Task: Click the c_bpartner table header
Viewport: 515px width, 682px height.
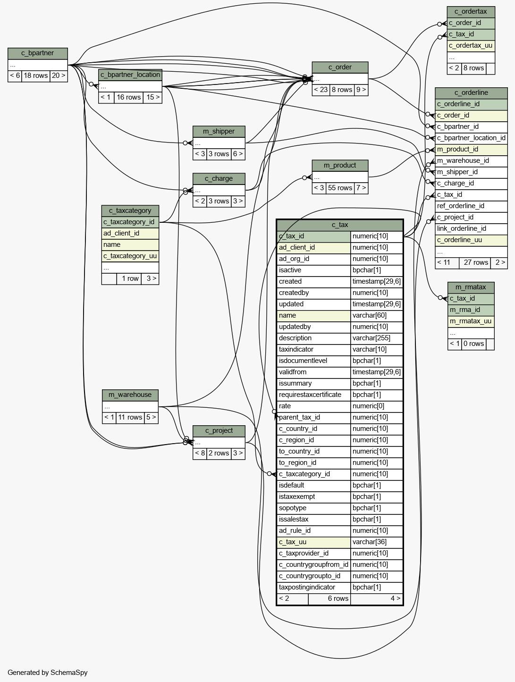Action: click(x=38, y=53)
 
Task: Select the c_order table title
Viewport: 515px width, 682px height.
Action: click(x=340, y=67)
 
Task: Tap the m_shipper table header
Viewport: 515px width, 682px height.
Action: click(x=219, y=131)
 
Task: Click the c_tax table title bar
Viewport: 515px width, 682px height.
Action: click(x=340, y=225)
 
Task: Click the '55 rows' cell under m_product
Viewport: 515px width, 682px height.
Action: click(x=340, y=188)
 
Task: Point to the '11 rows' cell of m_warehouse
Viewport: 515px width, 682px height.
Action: click(x=130, y=417)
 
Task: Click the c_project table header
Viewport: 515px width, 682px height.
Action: click(x=219, y=431)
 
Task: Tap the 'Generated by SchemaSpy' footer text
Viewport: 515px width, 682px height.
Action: click(x=48, y=673)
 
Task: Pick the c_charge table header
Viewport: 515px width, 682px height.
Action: click(x=219, y=179)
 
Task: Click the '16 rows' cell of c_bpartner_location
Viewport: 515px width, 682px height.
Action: click(x=128, y=98)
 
